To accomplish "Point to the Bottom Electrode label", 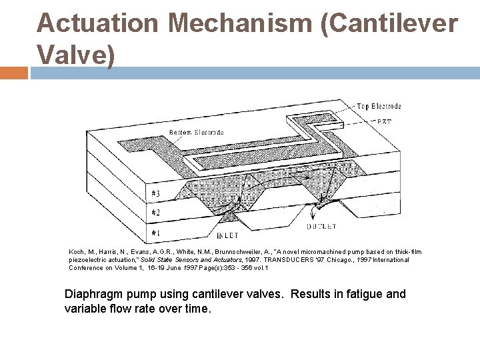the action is (x=196, y=133).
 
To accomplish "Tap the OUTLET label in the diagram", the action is (x=321, y=227).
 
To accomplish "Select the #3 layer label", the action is (x=155, y=193).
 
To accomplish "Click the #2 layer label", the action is (x=155, y=213).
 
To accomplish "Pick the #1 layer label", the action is (x=155, y=233).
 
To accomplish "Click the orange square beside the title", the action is (x=14, y=72).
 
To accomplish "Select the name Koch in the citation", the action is (x=78, y=251).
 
